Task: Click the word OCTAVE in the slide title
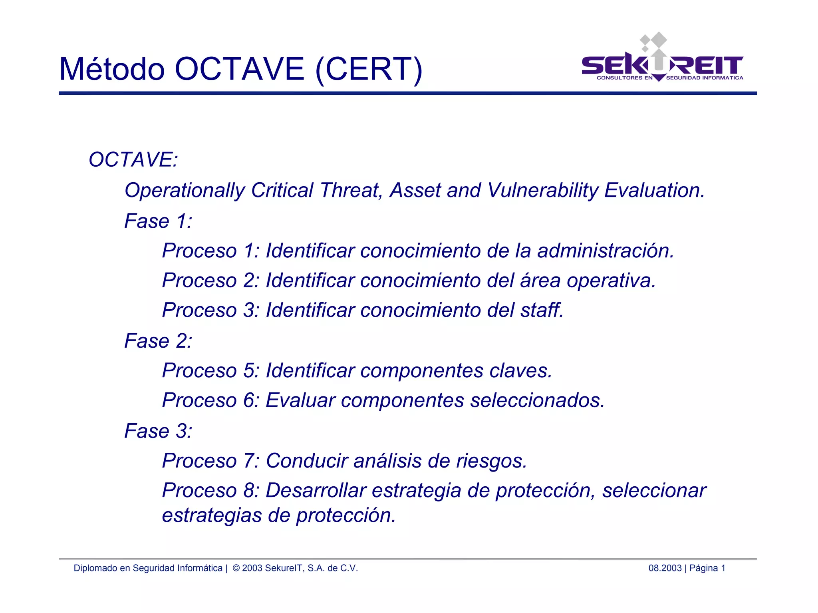(x=240, y=69)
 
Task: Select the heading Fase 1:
(x=158, y=221)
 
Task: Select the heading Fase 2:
(x=158, y=341)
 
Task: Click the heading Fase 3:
(x=158, y=431)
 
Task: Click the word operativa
(x=611, y=281)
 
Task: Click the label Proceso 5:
(x=210, y=370)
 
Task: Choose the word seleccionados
(x=537, y=400)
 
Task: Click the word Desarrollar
(x=316, y=491)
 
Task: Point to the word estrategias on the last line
(x=212, y=515)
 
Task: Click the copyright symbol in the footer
(x=236, y=568)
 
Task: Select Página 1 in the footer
(x=707, y=568)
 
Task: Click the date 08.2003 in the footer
(x=665, y=568)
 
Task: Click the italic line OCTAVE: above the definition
(x=133, y=160)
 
